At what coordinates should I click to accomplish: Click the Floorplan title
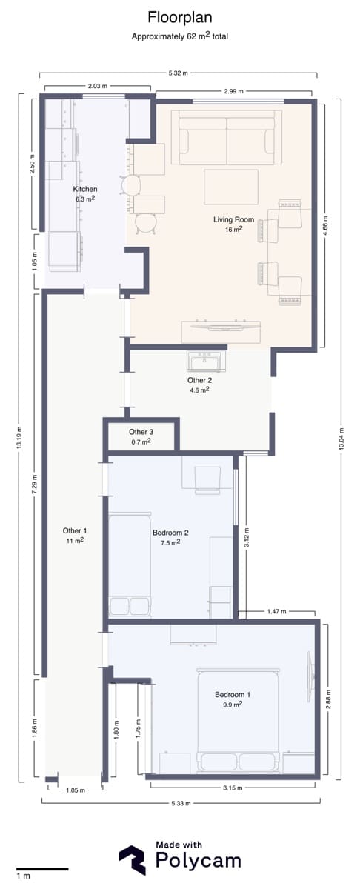[180, 18]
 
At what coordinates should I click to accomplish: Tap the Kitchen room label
[85, 189]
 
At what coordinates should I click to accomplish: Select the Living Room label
[234, 219]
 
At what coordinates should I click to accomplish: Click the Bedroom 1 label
[233, 694]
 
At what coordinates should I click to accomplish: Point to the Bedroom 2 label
[170, 533]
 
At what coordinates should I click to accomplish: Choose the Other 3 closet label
[141, 432]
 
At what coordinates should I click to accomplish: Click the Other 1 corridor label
[75, 530]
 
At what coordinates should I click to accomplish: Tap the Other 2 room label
[200, 380]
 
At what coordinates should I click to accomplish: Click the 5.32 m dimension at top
[179, 73]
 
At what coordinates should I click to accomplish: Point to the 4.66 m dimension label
[325, 226]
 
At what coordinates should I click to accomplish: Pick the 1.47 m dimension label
[276, 612]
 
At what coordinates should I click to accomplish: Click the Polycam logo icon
[133, 861]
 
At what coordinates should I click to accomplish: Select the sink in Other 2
[207, 362]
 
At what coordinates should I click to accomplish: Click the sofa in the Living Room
[227, 137]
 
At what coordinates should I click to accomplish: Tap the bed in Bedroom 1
[238, 722]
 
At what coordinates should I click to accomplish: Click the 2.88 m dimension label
[329, 699]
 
